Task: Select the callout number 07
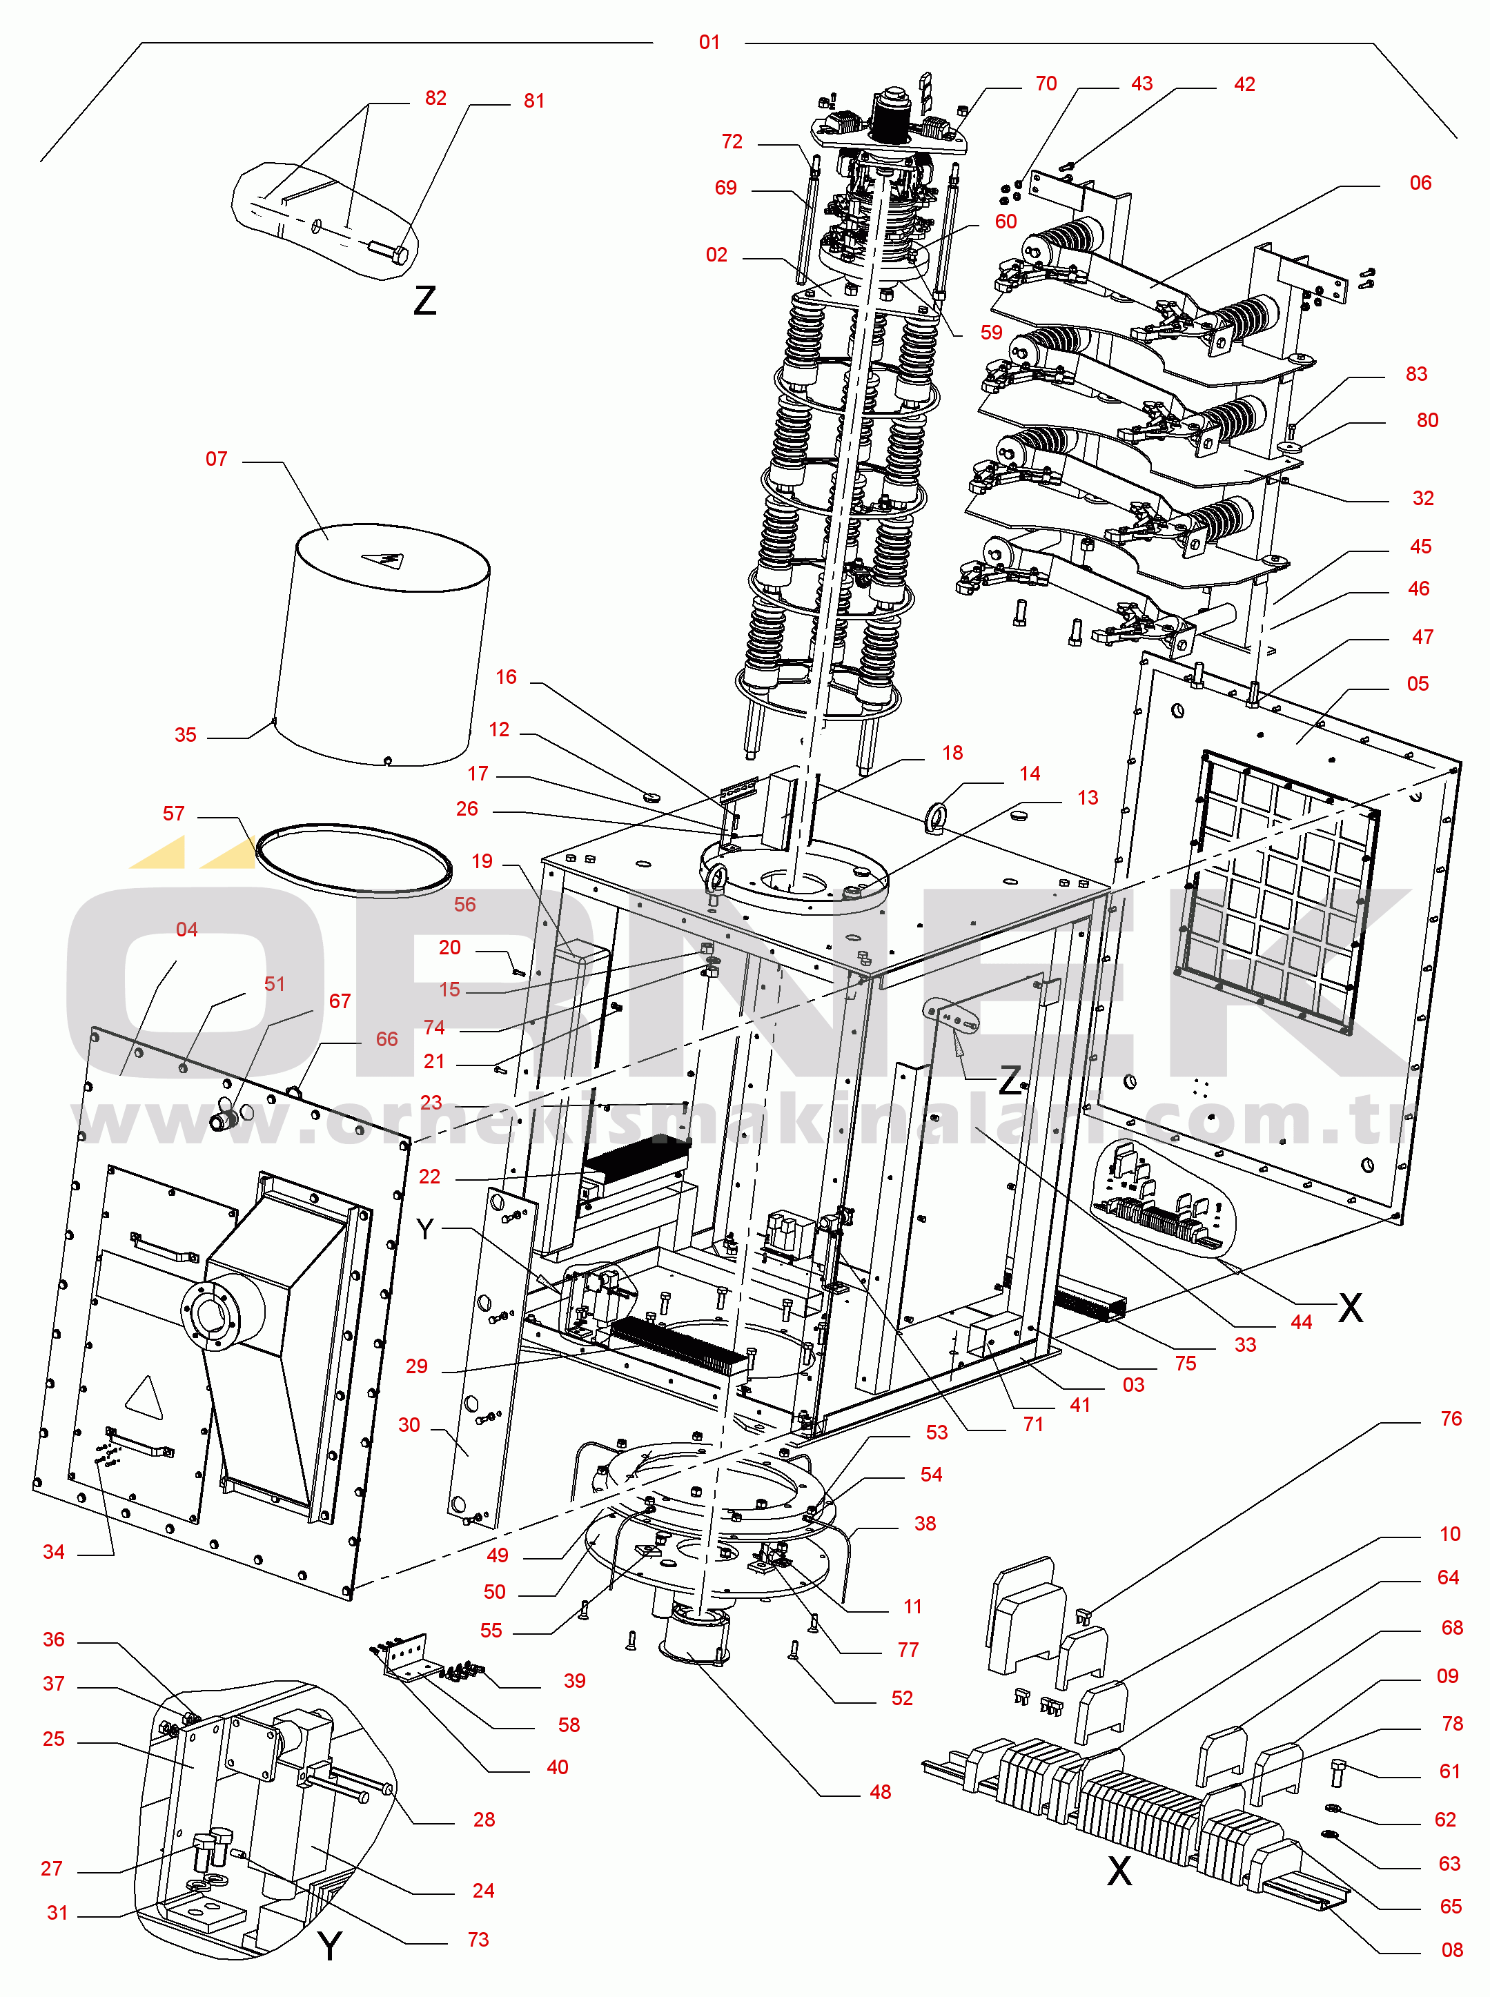click(x=217, y=459)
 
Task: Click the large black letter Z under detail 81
click(x=425, y=299)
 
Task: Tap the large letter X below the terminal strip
click(x=1119, y=1871)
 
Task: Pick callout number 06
click(x=1420, y=183)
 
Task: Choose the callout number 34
click(x=53, y=1552)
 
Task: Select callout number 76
click(x=1450, y=1418)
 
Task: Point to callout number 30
click(x=409, y=1424)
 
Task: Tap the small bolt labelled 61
click(x=1337, y=1773)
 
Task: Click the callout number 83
click(x=1416, y=374)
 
